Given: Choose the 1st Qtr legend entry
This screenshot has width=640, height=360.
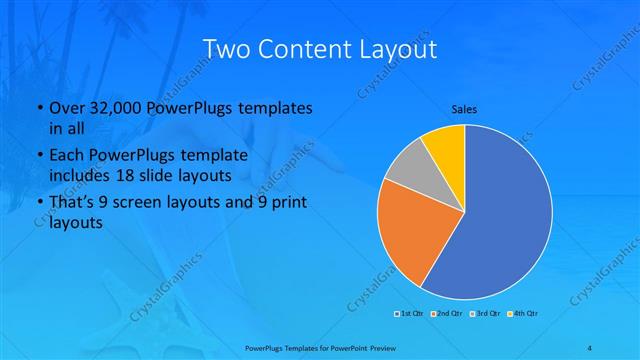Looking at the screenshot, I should tap(409, 314).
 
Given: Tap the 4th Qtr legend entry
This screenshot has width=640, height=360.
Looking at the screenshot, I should tap(524, 314).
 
